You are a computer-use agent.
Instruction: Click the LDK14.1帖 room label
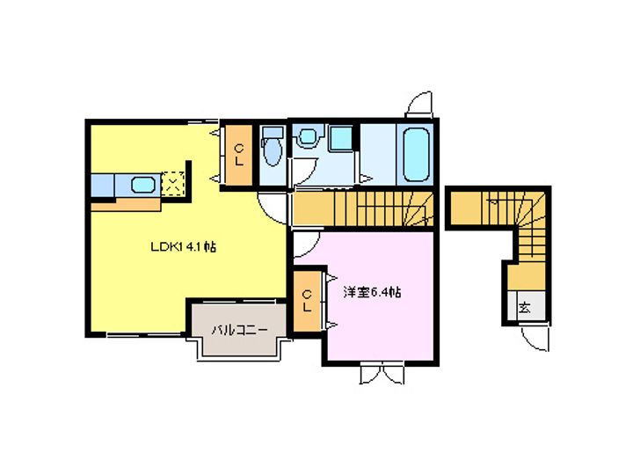point(183,247)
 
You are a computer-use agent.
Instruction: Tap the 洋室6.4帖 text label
point(372,292)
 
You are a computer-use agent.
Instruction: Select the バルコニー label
point(240,331)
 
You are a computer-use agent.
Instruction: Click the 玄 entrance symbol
point(524,308)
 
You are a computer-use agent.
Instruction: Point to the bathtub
point(415,154)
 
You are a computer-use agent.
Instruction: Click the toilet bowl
point(272,149)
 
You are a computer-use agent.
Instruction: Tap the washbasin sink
point(308,136)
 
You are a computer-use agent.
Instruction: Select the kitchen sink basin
point(143,185)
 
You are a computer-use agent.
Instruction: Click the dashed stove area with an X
point(173,184)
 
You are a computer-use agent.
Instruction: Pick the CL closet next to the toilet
point(239,155)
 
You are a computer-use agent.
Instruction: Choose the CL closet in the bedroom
point(307,301)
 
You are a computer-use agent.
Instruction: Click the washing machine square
point(341,138)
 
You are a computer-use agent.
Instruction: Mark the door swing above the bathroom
point(419,104)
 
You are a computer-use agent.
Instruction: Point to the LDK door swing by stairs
point(273,208)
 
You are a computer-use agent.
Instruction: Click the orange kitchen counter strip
point(126,204)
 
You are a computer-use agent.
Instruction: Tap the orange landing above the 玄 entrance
point(527,277)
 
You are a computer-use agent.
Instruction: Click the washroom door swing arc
point(302,171)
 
